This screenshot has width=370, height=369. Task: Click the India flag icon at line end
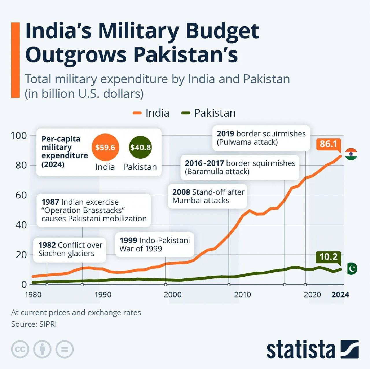coord(351,154)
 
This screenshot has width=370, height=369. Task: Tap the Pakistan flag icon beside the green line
coord(351,269)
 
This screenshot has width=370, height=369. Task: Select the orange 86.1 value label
coord(328,144)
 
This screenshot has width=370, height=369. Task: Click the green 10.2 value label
coord(328,257)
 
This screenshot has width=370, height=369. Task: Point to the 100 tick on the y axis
coord(18,136)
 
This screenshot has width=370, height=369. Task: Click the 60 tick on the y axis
coord(21,195)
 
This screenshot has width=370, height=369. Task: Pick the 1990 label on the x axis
coord(103,295)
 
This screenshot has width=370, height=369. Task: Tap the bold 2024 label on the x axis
coord(340,295)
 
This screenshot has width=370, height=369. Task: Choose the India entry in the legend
coord(151,113)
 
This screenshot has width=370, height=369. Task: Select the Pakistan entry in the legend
coord(208,113)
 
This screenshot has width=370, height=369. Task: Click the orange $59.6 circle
coord(105,147)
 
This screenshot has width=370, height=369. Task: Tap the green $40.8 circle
coord(140,147)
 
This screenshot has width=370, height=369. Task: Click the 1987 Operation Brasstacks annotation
coord(94,210)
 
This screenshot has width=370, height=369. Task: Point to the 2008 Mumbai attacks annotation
coord(208,196)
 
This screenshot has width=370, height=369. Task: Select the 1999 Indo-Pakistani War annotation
coord(154,244)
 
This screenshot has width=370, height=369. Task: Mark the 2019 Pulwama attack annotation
coord(261,138)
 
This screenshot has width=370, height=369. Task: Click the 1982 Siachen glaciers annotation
coord(70,249)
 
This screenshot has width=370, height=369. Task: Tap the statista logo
coord(312,350)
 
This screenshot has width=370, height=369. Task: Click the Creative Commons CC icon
coord(20,349)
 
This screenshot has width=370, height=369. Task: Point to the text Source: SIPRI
coord(34,324)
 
